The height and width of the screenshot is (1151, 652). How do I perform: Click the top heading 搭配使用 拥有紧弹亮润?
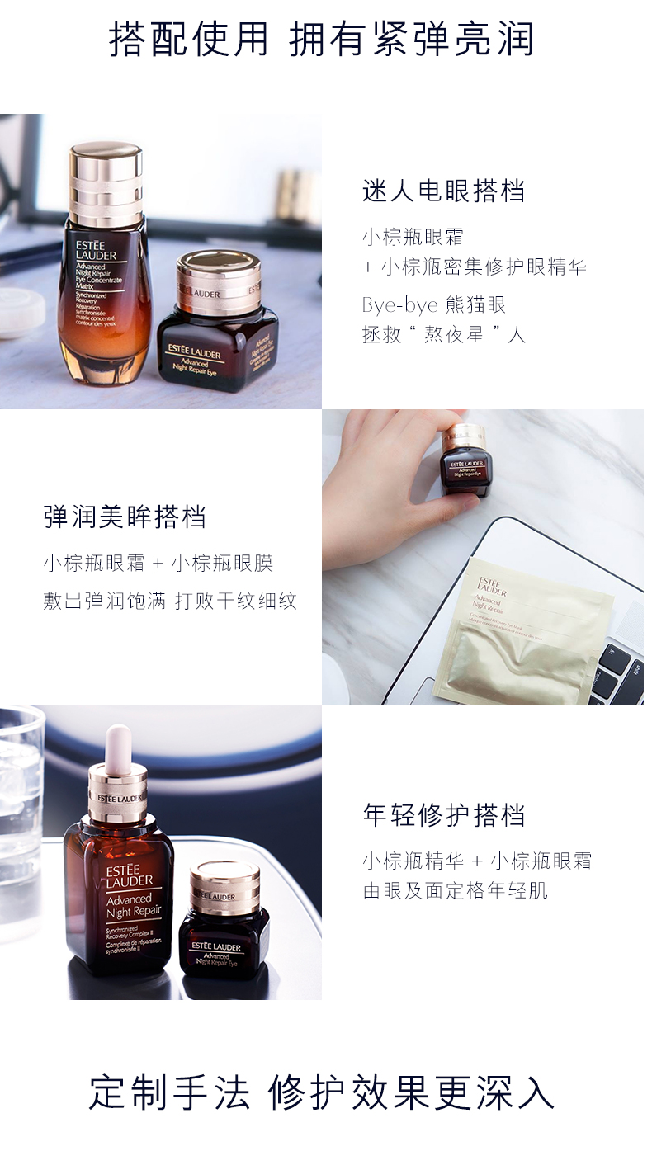(321, 39)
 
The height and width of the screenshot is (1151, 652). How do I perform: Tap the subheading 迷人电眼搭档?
(443, 191)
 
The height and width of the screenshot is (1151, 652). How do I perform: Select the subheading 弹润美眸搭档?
(125, 517)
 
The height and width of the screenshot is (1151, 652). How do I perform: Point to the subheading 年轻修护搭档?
(443, 814)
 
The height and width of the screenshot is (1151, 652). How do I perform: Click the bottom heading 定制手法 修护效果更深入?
(321, 1092)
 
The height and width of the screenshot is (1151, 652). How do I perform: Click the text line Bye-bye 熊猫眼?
(433, 304)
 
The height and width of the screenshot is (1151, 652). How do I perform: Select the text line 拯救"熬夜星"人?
(443, 334)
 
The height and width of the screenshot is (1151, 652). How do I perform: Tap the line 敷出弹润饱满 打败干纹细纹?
(169, 600)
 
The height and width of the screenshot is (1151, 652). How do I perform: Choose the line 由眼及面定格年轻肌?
(455, 890)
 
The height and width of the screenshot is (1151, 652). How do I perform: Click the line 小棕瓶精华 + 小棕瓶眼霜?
(477, 861)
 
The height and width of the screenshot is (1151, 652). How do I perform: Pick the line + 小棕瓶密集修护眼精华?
(474, 267)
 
